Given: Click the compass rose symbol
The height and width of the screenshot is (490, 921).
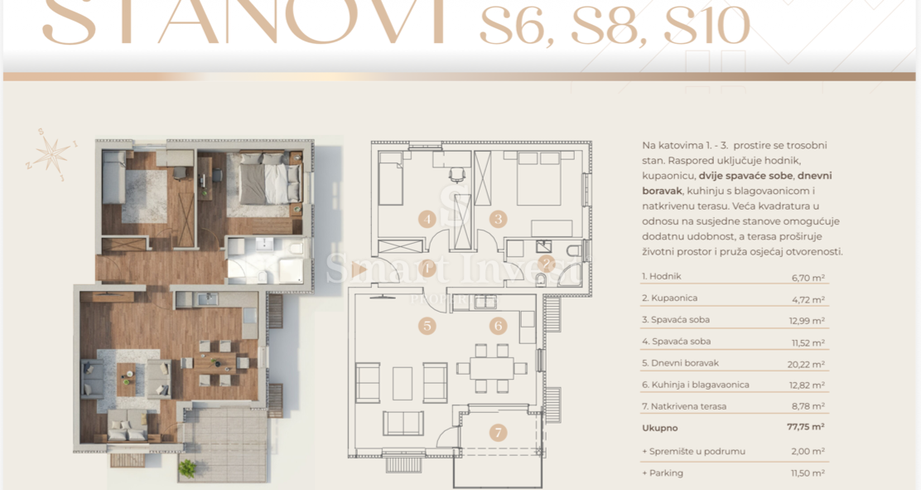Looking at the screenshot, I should (52, 153).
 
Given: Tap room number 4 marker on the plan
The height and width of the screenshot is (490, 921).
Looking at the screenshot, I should (427, 220).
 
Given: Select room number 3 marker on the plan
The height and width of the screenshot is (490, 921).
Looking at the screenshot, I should (498, 220).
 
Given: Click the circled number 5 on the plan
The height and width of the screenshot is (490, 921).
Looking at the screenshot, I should (427, 325).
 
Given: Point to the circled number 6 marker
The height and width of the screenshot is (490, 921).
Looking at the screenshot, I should (499, 326).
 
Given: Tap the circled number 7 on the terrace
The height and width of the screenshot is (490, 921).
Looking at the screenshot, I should (497, 432).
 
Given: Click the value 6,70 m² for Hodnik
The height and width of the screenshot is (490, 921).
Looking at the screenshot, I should (808, 278).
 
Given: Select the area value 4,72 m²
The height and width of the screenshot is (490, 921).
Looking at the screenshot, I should (808, 299).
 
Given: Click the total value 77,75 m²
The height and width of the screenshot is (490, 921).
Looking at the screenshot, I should (806, 427).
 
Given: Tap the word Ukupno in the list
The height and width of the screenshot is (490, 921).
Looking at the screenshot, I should (659, 428).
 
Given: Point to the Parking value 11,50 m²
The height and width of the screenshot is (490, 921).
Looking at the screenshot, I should (807, 473).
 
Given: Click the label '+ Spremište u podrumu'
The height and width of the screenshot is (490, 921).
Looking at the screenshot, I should (693, 451).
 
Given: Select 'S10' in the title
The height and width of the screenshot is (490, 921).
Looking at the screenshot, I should (706, 27).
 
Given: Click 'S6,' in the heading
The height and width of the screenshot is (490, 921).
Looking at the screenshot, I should (519, 27).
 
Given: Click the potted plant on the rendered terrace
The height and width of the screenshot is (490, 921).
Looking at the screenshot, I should (188, 468).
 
